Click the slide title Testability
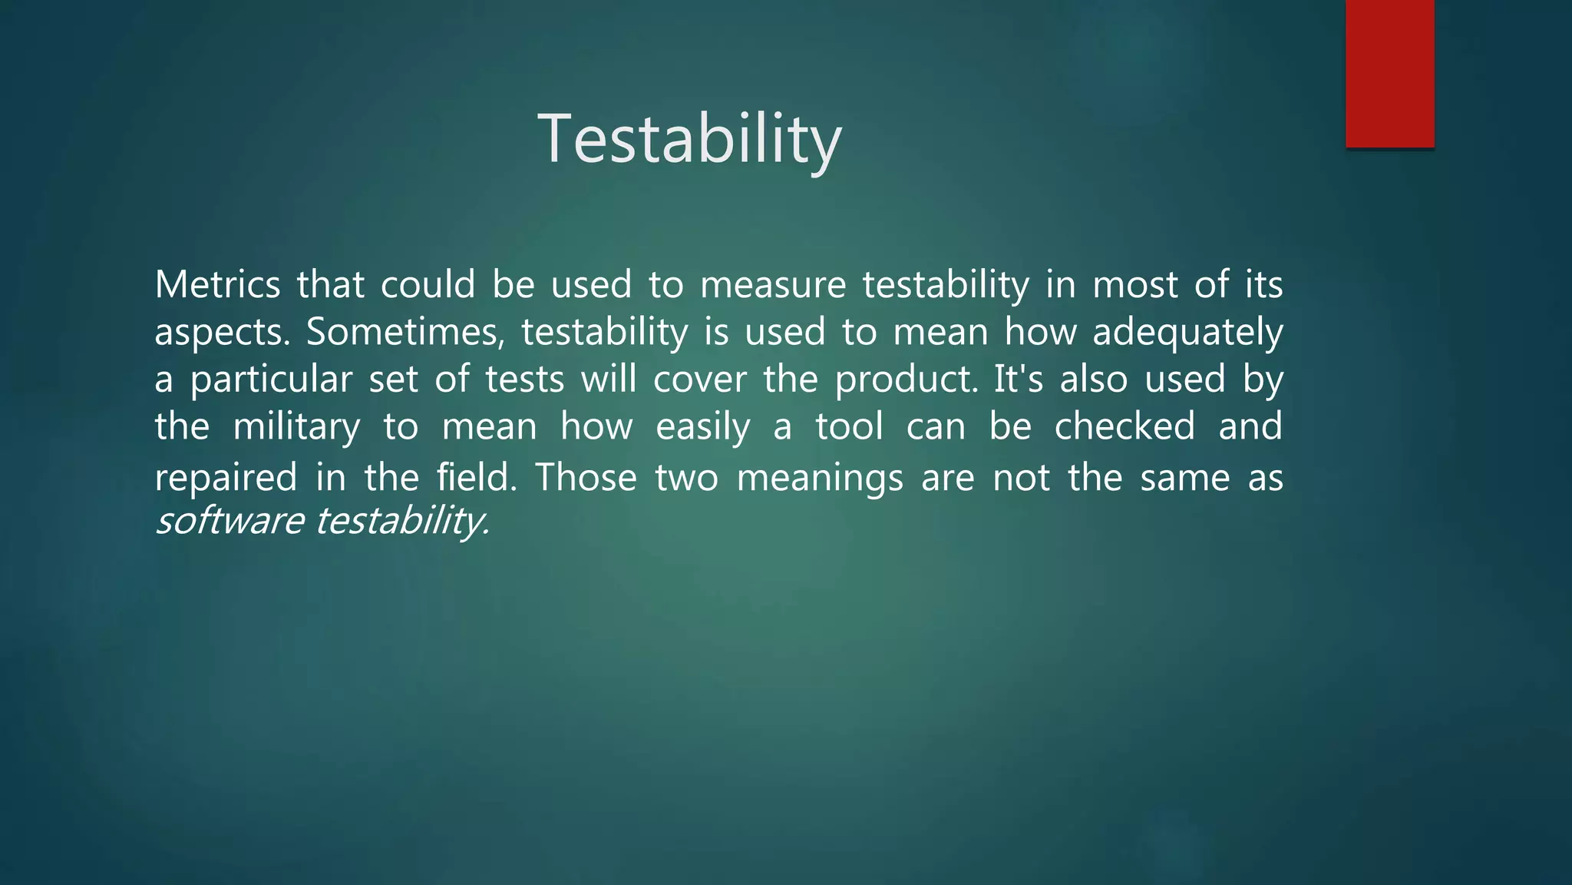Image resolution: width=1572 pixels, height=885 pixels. [x=689, y=138]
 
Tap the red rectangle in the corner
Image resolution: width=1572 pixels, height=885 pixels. [x=1389, y=73]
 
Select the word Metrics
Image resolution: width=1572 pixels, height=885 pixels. [x=218, y=285]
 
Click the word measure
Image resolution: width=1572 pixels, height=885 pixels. [x=772, y=285]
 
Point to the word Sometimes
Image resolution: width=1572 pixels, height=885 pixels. [x=405, y=333]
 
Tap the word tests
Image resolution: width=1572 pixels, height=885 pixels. [x=524, y=380]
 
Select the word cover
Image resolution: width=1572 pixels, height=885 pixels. [x=699, y=380]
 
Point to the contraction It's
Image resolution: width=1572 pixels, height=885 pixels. [x=1018, y=379]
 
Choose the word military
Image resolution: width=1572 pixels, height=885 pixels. [x=296, y=427]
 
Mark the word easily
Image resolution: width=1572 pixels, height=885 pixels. [x=702, y=427]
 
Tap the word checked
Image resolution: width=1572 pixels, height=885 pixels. [x=1125, y=426]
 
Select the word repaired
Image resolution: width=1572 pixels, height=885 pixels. [x=226, y=478]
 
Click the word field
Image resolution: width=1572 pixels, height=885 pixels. [x=476, y=477]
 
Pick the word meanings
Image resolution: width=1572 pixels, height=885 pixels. [x=820, y=479]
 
